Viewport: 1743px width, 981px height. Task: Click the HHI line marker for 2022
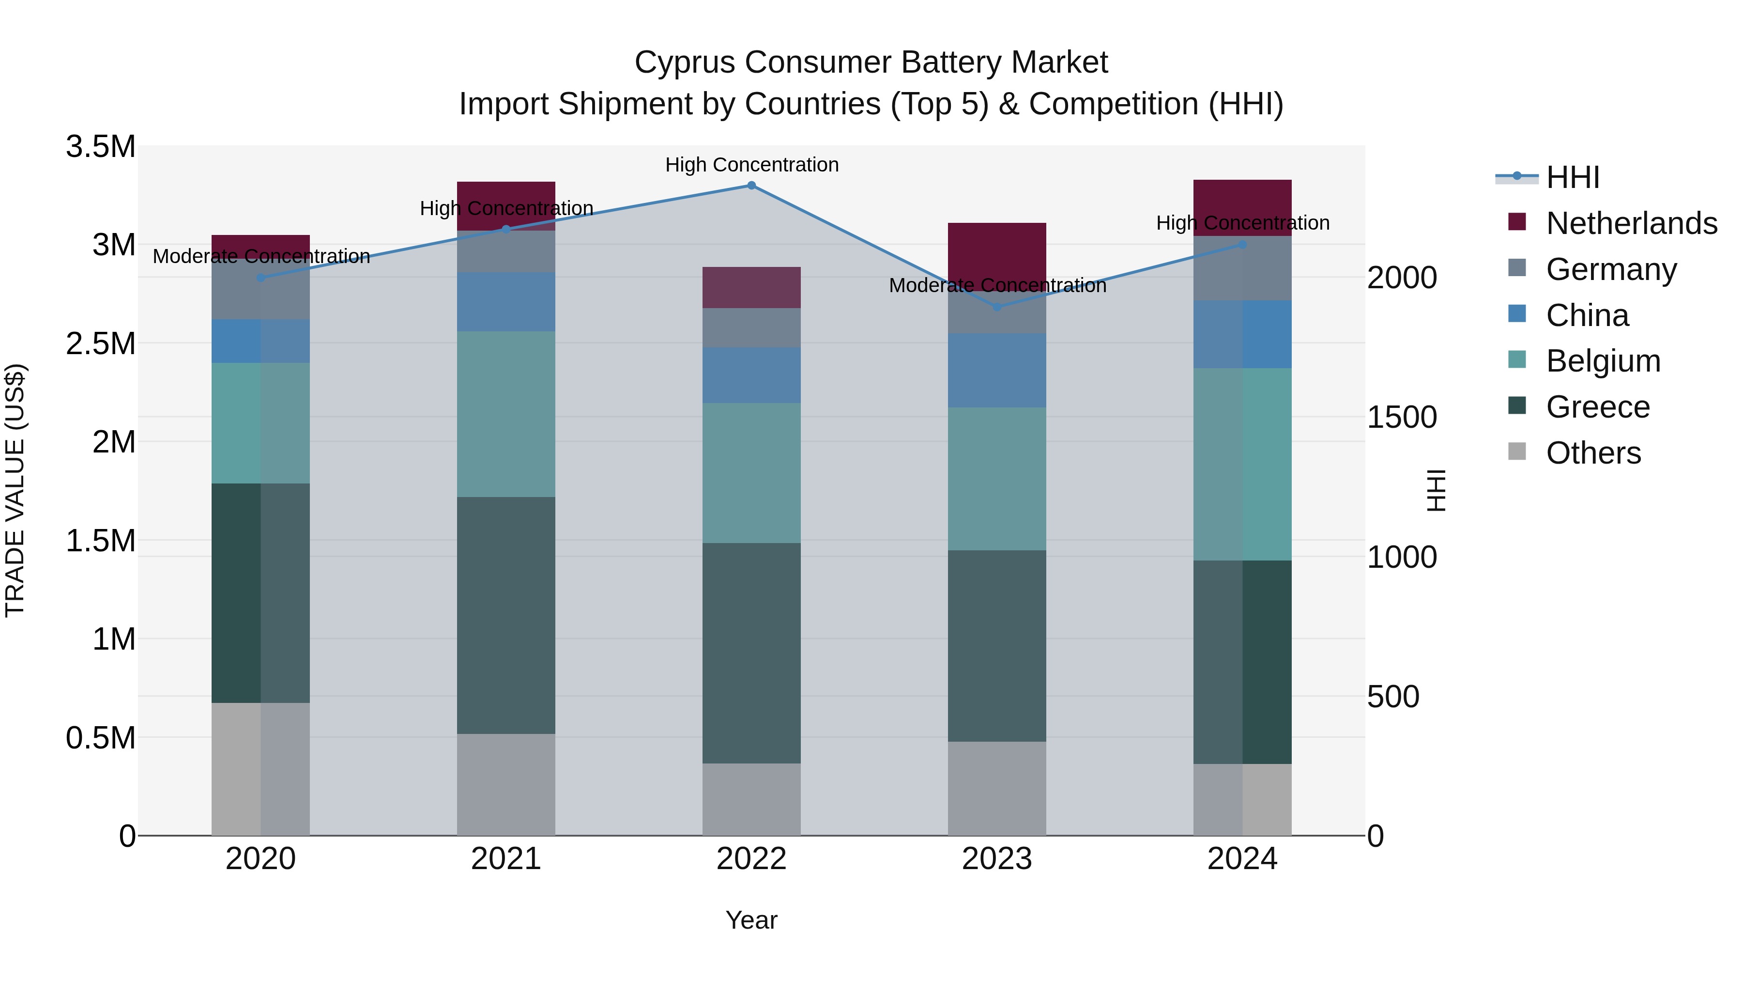pyautogui.click(x=751, y=185)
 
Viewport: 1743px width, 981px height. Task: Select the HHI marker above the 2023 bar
pyautogui.click(x=997, y=307)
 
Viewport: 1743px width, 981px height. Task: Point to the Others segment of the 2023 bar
pyautogui.click(x=997, y=788)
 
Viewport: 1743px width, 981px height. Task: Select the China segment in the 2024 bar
pyautogui.click(x=1242, y=334)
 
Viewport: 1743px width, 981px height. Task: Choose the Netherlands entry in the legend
pyautogui.click(x=1631, y=223)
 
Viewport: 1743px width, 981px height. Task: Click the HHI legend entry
pyautogui.click(x=1573, y=177)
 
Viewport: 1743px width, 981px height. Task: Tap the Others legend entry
pyautogui.click(x=1593, y=453)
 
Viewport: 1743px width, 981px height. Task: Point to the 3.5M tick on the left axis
pyautogui.click(x=100, y=147)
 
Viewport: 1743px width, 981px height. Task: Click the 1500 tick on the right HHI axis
pyautogui.click(x=1401, y=417)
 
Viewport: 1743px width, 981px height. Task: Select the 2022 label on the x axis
pyautogui.click(x=751, y=859)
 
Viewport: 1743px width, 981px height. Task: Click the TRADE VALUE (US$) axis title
pyautogui.click(x=15, y=490)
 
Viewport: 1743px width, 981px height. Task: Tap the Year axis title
pyautogui.click(x=751, y=920)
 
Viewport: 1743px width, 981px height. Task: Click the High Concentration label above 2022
pyautogui.click(x=751, y=165)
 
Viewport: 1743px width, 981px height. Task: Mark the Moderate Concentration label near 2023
pyautogui.click(x=997, y=286)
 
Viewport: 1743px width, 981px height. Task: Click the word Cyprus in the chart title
pyautogui.click(x=684, y=62)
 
